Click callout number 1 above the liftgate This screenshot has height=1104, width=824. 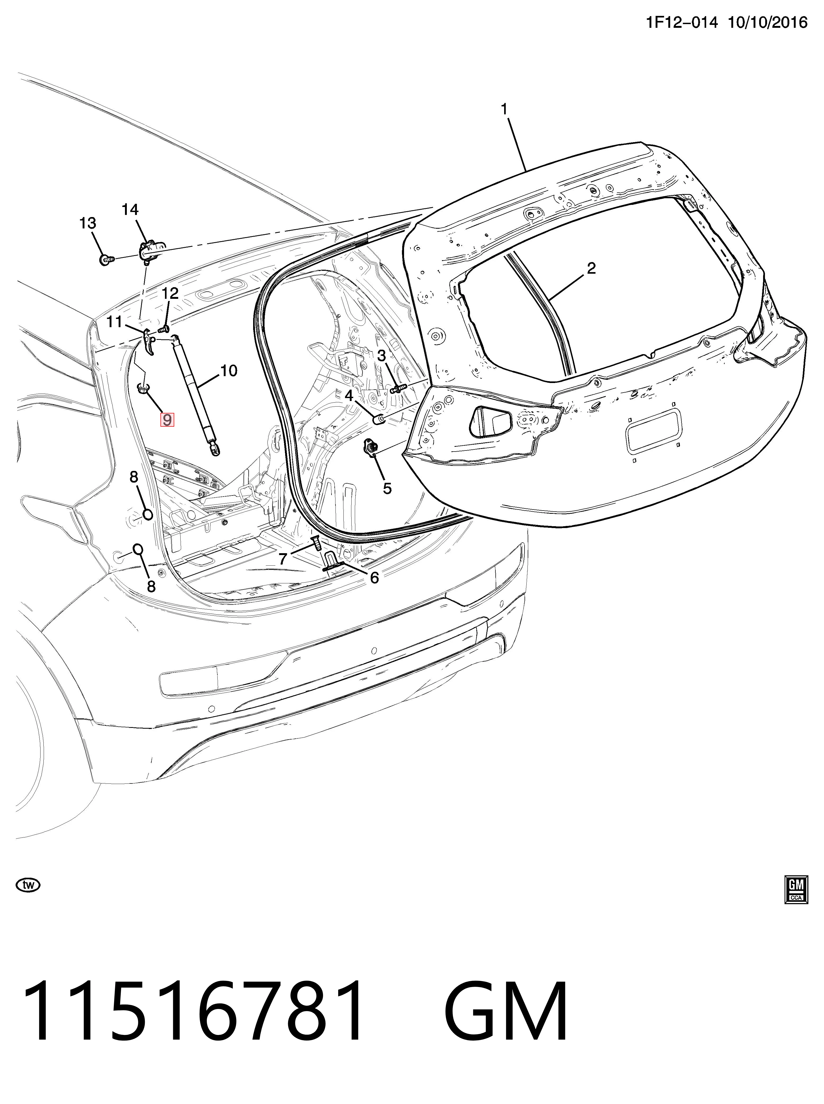point(504,109)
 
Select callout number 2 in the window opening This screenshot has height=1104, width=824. point(591,269)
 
